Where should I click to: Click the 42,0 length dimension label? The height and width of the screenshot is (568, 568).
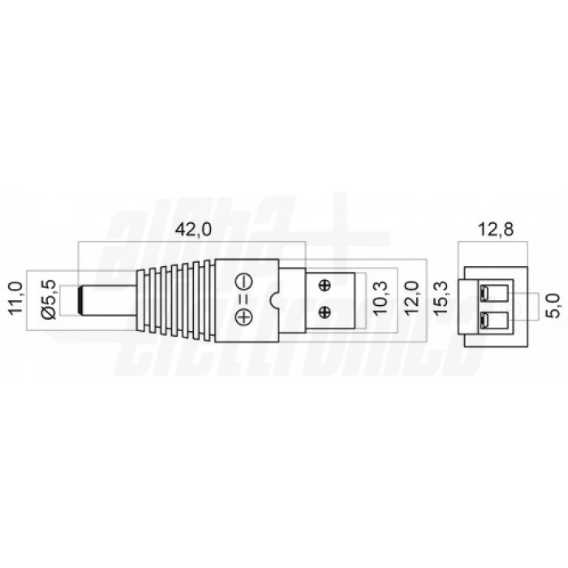[192, 230]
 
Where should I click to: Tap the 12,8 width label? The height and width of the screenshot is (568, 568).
[495, 230]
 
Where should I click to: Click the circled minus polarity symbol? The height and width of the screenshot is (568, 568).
[243, 283]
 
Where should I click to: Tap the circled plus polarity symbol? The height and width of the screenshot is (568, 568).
[243, 317]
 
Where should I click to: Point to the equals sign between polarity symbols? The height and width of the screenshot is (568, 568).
[243, 300]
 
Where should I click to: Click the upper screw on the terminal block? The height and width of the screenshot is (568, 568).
[325, 284]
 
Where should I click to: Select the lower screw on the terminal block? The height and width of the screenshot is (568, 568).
[325, 312]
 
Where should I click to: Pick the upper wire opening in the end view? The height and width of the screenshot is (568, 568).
[495, 293]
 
